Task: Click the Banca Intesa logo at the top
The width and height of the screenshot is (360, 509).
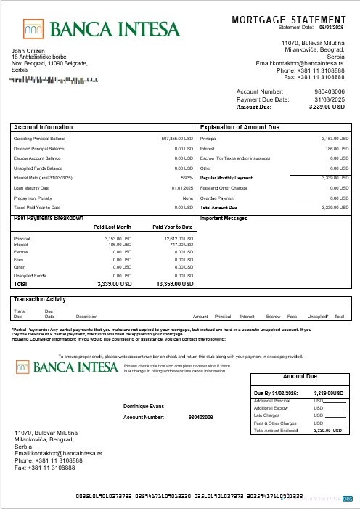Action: click(101, 28)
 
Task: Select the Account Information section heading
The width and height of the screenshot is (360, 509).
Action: click(43, 126)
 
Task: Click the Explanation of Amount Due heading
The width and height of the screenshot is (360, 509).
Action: click(240, 126)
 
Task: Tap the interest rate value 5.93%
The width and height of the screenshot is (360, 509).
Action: click(187, 177)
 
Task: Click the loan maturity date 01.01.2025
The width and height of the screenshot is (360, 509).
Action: click(181, 187)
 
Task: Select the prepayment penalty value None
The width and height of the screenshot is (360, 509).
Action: click(187, 198)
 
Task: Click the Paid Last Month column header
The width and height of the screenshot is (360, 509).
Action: click(112, 227)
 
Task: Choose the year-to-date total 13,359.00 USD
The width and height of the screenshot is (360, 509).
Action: click(173, 285)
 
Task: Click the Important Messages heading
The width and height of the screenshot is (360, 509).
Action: click(224, 218)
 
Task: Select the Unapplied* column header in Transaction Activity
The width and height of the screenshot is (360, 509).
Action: click(317, 317)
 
